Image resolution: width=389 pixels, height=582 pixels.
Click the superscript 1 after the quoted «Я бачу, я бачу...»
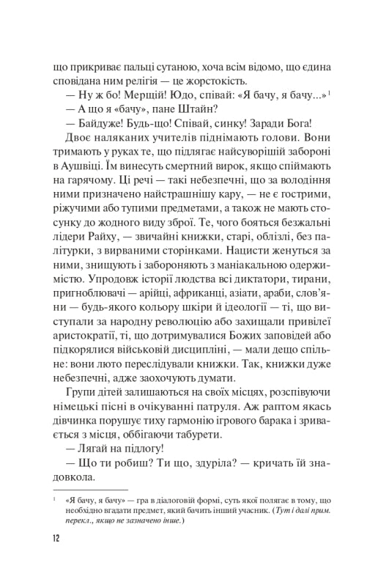point(331,90)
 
